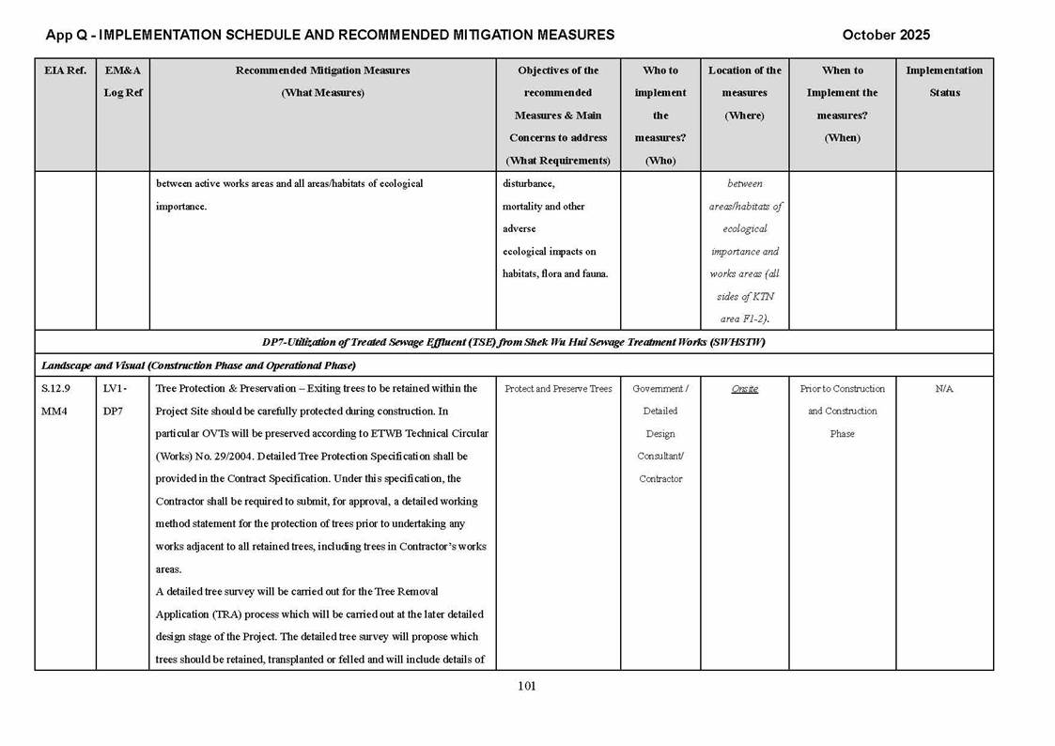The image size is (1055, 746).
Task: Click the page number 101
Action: pos(526,686)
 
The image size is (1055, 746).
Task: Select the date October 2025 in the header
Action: pos(886,35)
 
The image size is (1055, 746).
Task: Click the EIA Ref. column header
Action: pos(65,70)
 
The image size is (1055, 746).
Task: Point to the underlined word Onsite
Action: pos(745,389)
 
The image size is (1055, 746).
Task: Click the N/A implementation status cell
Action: pos(944,389)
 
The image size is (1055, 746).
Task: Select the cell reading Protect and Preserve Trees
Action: pos(558,389)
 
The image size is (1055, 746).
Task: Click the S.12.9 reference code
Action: pos(55,389)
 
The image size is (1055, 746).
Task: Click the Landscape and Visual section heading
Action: pos(198,365)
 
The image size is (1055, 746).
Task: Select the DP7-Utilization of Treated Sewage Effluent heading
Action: pos(513,342)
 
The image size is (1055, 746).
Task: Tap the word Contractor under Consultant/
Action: pos(660,479)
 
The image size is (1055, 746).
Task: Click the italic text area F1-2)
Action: pos(745,319)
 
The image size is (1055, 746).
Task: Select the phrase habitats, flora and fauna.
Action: pos(555,274)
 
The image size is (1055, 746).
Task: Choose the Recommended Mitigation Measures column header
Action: pos(322,70)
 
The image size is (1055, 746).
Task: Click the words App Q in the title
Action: pos(65,35)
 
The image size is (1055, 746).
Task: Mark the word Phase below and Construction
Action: pos(842,434)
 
